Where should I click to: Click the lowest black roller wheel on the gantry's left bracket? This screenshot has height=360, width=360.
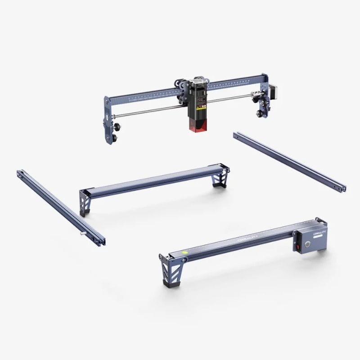point(114,138)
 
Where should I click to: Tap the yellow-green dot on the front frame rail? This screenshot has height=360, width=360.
point(184,253)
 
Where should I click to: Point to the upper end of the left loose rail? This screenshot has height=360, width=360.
point(20,173)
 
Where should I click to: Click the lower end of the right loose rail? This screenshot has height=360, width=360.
point(342,188)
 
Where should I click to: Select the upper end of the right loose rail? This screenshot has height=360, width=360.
point(236,135)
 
